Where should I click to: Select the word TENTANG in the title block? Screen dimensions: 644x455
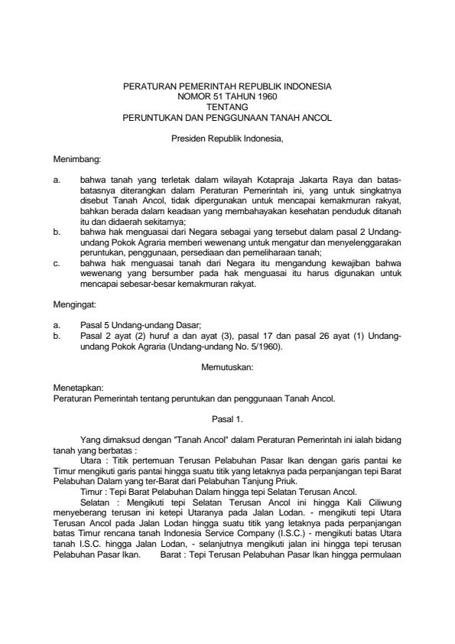(x=228, y=108)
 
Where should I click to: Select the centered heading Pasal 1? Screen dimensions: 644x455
(x=227, y=419)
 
